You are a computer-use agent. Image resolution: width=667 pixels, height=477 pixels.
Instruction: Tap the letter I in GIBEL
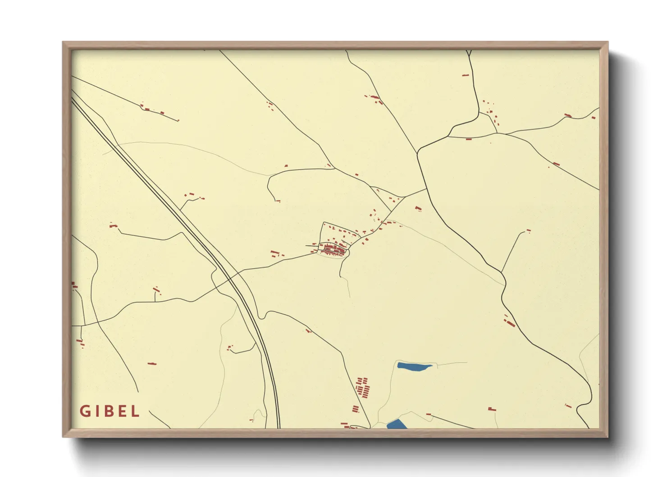96,411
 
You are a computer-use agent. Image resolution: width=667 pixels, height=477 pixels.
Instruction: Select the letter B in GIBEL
108,411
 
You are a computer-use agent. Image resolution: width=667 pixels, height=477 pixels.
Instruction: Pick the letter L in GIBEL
135,411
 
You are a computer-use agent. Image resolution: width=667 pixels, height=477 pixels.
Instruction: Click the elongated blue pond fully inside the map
414,367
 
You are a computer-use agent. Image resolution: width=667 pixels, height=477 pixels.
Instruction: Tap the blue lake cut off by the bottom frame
397,424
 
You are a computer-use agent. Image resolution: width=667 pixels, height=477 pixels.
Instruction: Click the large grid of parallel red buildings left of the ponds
363,387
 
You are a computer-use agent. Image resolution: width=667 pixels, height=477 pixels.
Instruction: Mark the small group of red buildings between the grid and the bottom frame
356,409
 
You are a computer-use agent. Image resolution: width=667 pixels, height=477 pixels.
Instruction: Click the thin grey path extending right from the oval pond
451,363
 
